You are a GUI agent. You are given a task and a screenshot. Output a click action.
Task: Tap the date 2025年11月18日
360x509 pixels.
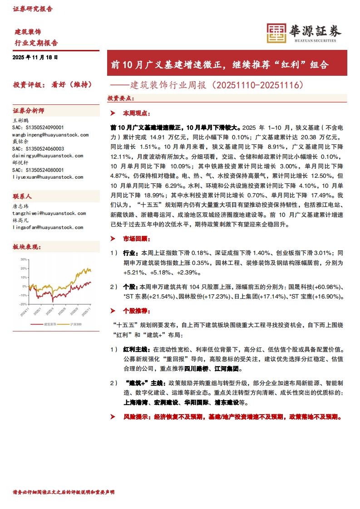(x=36, y=58)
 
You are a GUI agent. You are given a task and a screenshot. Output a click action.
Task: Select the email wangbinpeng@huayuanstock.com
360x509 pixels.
(x=50, y=135)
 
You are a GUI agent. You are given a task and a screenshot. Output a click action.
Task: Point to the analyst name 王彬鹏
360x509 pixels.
(x=20, y=121)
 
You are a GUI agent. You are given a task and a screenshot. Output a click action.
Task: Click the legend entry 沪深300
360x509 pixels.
(x=76, y=324)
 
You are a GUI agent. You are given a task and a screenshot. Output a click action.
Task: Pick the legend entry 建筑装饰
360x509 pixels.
(x=49, y=324)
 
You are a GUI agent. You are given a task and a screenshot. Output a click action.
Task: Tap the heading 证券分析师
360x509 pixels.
(x=29, y=111)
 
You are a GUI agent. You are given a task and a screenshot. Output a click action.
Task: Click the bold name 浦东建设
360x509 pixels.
(x=225, y=402)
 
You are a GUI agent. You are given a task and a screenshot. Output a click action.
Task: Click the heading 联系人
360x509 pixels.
(x=22, y=197)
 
